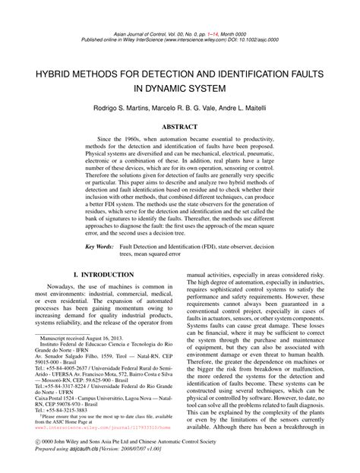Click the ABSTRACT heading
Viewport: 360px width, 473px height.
(x=180, y=127)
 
